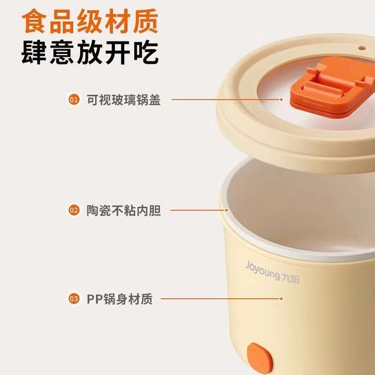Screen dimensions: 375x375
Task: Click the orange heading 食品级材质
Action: (x=90, y=21)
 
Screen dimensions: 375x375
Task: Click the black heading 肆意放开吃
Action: (x=90, y=52)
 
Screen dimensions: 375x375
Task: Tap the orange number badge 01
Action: (x=74, y=100)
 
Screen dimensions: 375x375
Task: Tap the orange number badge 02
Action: (x=74, y=210)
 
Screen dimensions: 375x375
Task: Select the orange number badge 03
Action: (x=74, y=299)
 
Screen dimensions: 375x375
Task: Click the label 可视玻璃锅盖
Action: (x=124, y=100)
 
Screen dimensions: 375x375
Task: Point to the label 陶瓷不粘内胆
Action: (x=124, y=210)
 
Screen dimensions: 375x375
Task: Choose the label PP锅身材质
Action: (x=120, y=299)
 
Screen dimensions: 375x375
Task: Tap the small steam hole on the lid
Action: (x=362, y=48)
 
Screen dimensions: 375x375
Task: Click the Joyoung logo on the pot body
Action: (x=272, y=272)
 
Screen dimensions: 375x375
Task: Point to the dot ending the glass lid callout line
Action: (x=281, y=100)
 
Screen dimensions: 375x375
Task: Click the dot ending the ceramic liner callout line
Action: (x=226, y=210)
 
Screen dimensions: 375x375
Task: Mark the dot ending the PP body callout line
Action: (x=281, y=299)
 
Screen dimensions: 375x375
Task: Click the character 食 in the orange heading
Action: (x=34, y=21)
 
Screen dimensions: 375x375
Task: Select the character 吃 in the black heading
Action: (x=146, y=52)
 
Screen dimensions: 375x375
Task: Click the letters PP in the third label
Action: (x=94, y=299)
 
